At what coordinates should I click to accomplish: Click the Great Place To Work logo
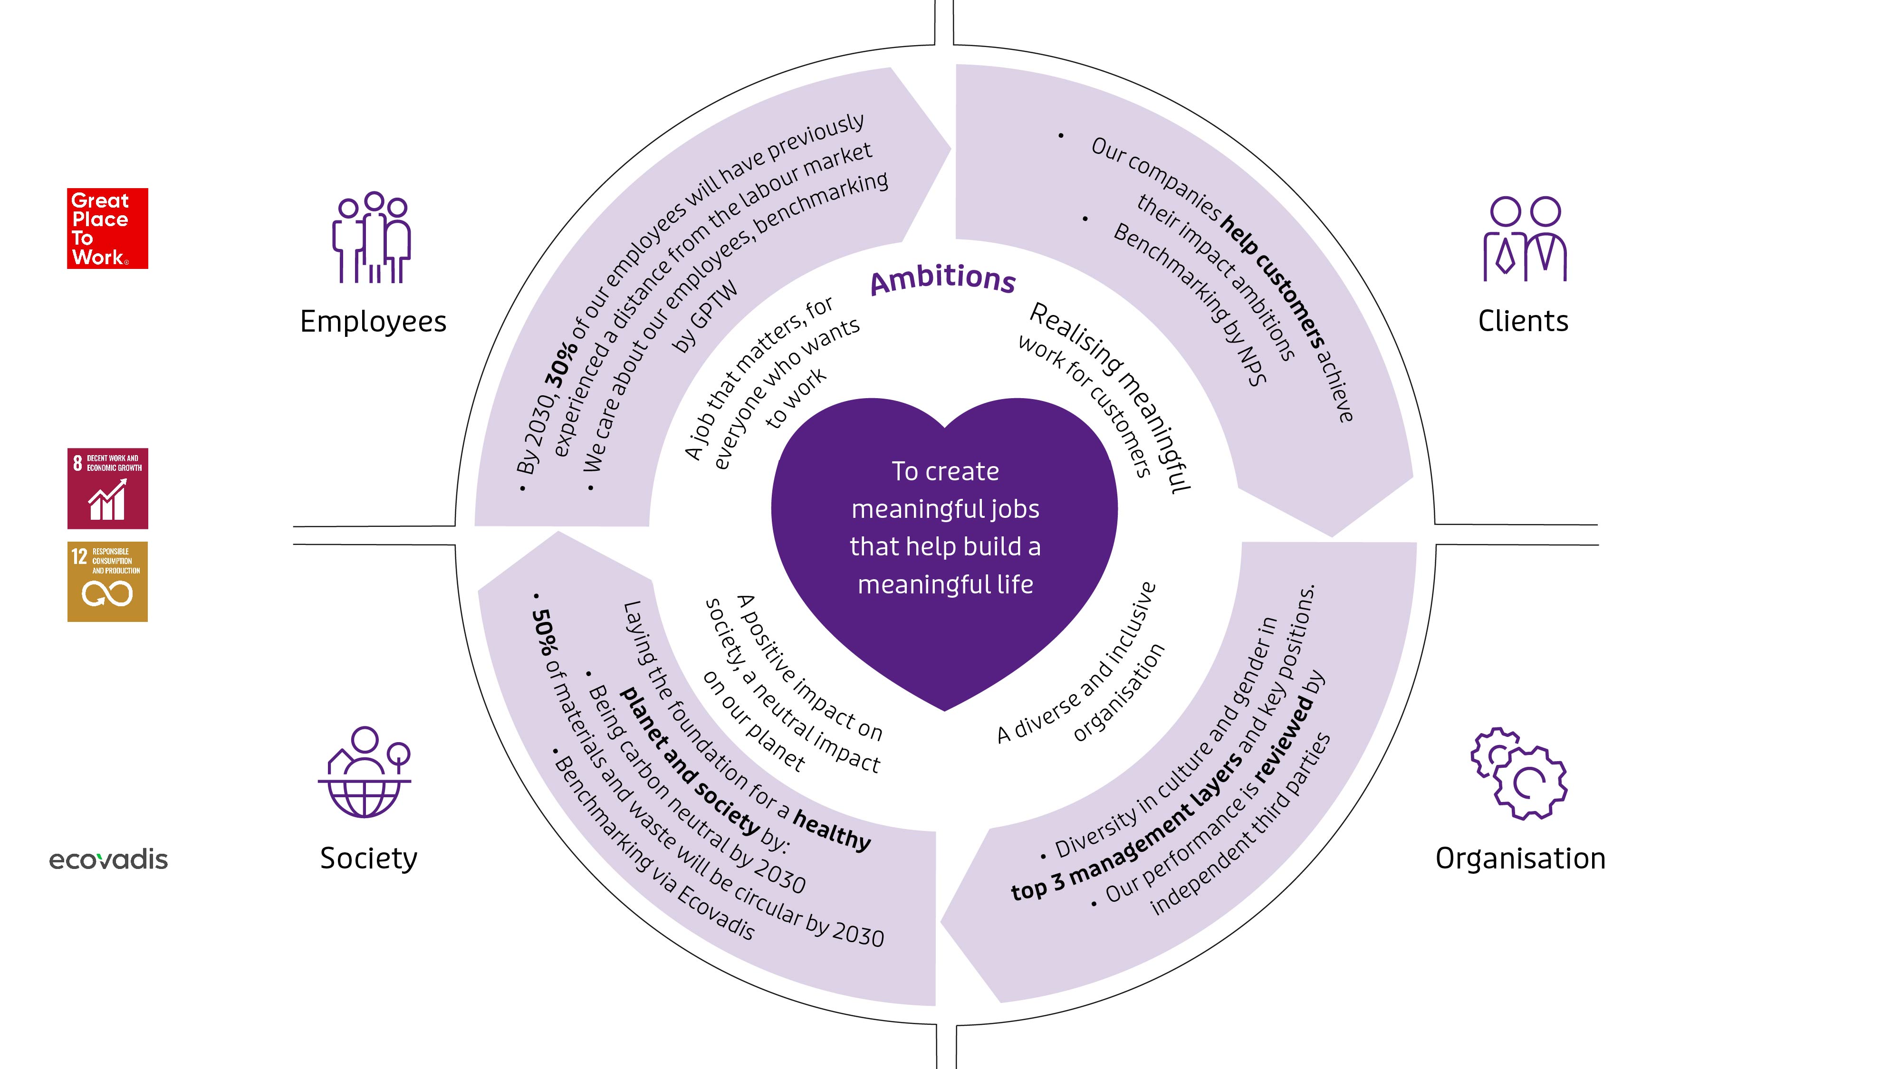[108, 229]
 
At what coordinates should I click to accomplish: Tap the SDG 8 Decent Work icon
[108, 488]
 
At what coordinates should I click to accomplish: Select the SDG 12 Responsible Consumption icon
[108, 582]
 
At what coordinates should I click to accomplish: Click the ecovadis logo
[108, 859]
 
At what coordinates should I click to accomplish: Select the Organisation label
[1520, 859]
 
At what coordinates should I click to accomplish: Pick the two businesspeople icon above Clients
[1525, 239]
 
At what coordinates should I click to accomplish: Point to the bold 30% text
[562, 364]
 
